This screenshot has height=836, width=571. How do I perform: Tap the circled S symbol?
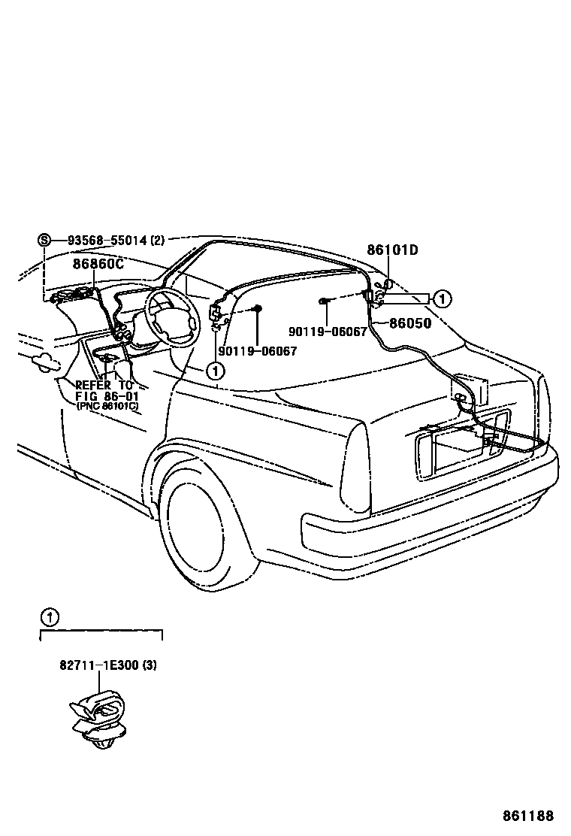click(44, 241)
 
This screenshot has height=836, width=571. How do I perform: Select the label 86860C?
click(98, 264)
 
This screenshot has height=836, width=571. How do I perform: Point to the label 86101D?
click(392, 250)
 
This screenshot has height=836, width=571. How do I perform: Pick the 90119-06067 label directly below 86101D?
click(327, 332)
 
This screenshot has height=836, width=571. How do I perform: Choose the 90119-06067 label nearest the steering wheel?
click(258, 350)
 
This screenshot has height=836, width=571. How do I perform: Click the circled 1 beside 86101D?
click(443, 298)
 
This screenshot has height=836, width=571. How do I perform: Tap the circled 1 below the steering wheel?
click(216, 370)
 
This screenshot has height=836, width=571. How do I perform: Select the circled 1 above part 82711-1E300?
click(49, 619)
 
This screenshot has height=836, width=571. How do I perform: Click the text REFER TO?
click(104, 385)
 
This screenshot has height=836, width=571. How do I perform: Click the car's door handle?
click(41, 362)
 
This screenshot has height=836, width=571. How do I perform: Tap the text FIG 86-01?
click(105, 395)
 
